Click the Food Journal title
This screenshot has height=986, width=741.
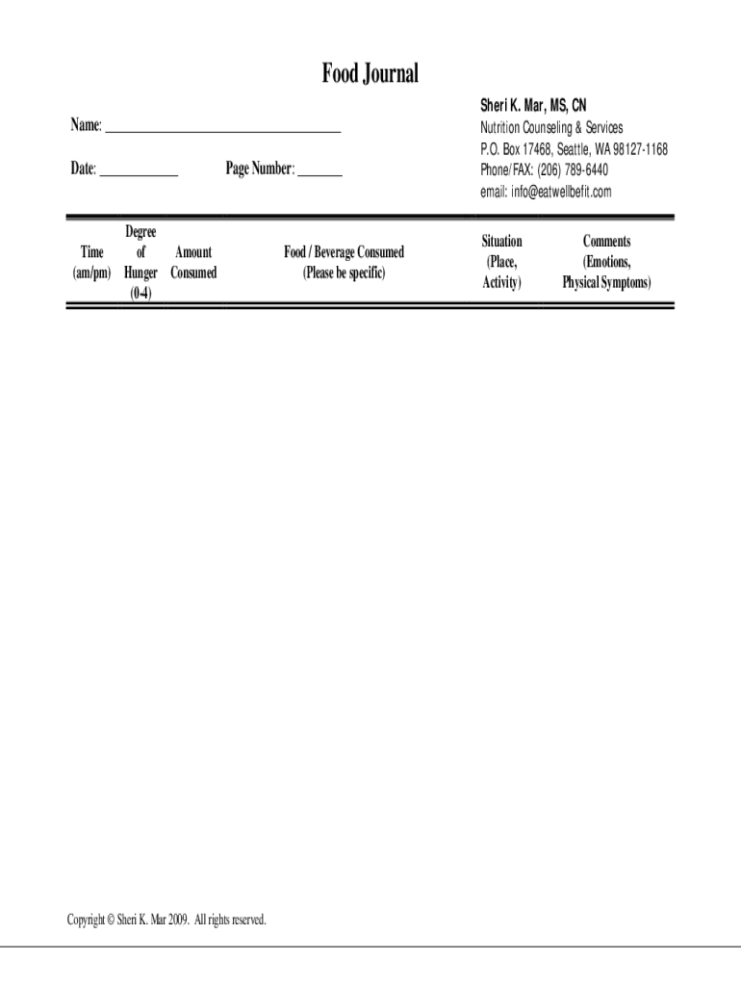[370, 73]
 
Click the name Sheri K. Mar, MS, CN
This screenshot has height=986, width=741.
[532, 104]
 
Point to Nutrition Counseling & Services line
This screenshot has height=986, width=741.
[551, 127]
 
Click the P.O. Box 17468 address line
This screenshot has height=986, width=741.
[574, 149]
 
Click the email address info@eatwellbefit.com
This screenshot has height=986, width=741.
[561, 192]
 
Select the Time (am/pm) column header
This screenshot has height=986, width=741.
[92, 262]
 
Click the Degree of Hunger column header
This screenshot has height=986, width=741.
[141, 252]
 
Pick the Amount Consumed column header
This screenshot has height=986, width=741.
[193, 262]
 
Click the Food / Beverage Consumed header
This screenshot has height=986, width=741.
[344, 252]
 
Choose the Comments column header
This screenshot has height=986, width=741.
[606, 242]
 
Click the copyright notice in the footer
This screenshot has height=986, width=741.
[166, 920]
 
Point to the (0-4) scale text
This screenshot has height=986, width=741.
[141, 293]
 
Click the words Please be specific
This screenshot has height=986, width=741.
[344, 272]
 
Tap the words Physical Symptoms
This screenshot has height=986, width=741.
[606, 283]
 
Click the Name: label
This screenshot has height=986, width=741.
[85, 125]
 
